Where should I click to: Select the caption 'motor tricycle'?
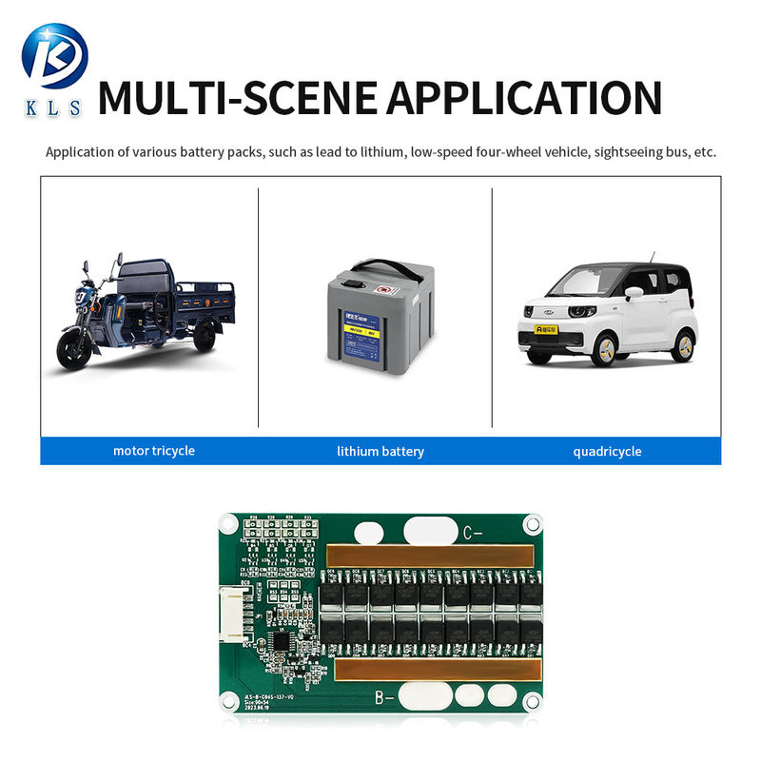153,450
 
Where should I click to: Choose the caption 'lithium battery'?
380,451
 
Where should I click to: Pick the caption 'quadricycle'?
607,451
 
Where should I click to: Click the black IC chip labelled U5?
281,643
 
